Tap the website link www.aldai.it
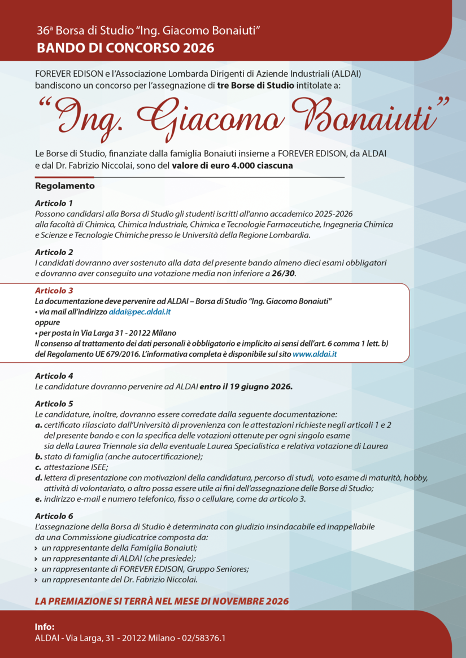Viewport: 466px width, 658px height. tap(315, 354)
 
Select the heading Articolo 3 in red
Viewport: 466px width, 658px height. tap(54, 291)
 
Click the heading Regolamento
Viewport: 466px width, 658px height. tap(65, 186)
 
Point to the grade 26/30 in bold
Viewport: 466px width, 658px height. tap(284, 273)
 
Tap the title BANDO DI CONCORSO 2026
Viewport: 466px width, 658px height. tap(125, 48)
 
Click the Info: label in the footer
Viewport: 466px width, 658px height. tap(45, 627)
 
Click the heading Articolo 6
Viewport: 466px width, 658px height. tap(54, 516)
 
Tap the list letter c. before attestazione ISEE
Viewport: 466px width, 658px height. tap(38, 467)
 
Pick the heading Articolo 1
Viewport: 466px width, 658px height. tap(54, 203)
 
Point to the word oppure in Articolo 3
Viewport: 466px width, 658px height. tap(47, 322)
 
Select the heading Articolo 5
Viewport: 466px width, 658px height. tap(54, 403)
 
